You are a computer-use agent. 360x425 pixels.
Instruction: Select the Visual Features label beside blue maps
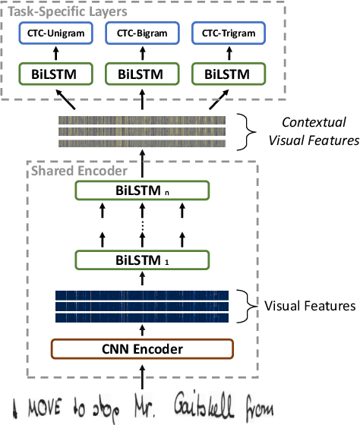pos(310,306)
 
